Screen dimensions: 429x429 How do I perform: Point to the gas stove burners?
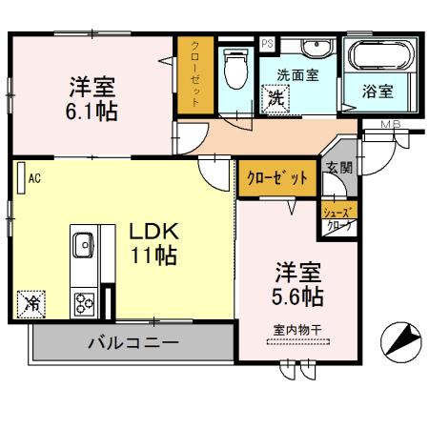pos(85,304)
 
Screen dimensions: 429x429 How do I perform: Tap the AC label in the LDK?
pos(33,177)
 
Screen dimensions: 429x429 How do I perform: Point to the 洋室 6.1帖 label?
pos(92,98)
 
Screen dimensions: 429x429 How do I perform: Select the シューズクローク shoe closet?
pos(339,218)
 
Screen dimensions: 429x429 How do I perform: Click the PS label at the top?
pos(266,43)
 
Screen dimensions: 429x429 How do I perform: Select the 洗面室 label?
pos(297,74)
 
